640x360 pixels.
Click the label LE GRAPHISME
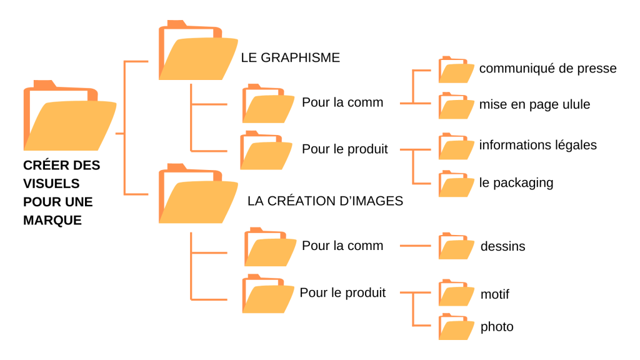290,57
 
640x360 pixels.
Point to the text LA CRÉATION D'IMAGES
325,201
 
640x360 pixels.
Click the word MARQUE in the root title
52,220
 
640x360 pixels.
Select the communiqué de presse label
547,69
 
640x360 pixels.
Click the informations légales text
537,145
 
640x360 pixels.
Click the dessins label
502,246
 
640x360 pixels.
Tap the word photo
497,327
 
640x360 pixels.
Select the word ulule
575,104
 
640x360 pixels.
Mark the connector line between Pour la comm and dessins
415,246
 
